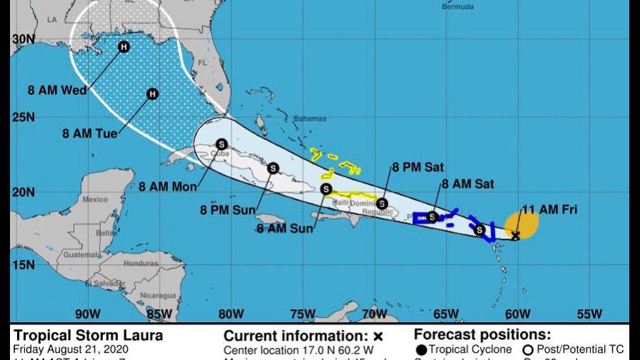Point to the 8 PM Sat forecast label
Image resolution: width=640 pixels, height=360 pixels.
coord(417,167)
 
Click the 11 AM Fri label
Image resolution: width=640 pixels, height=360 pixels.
coord(550,210)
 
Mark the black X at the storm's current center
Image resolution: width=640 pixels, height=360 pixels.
coord(516,235)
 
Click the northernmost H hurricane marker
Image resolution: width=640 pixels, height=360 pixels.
coord(124,47)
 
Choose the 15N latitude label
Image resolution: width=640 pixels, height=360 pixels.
coord(24,265)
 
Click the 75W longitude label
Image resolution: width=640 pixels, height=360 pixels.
coord(303,314)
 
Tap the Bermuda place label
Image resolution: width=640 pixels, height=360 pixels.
coord(457,7)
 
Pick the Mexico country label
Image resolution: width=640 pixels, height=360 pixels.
coord(94,199)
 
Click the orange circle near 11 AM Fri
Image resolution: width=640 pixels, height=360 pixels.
coord(522,224)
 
